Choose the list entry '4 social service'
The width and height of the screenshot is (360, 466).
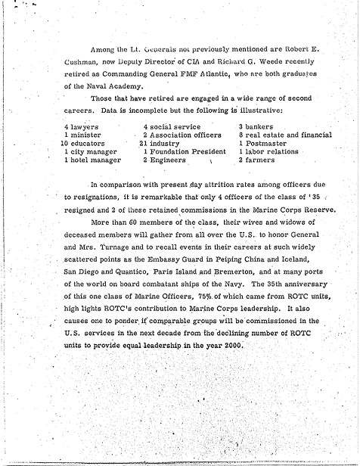pos(169,127)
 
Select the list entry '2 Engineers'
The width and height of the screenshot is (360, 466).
pos(163,160)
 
